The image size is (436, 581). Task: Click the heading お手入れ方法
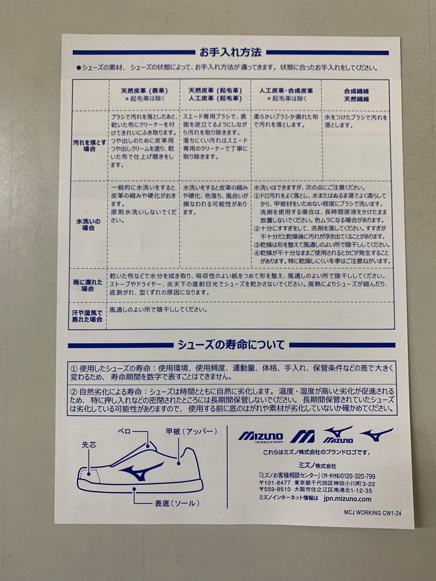pyautogui.click(x=230, y=53)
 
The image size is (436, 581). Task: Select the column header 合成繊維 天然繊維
pyautogui.click(x=356, y=95)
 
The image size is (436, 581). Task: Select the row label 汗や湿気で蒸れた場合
pyautogui.click(x=87, y=316)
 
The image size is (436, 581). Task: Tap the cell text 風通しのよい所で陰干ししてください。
pyautogui.click(x=158, y=310)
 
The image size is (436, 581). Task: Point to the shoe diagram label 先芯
pyautogui.click(x=89, y=445)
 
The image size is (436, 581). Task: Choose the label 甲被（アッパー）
pyautogui.click(x=191, y=431)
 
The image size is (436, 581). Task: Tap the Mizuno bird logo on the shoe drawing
pyautogui.click(x=141, y=471)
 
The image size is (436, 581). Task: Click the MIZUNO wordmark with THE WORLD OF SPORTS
pyautogui.click(x=261, y=436)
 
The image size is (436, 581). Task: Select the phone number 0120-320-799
pyautogui.click(x=355, y=476)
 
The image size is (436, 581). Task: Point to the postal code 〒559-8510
pyautogui.click(x=275, y=491)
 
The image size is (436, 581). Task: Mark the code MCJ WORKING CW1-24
pyautogui.click(x=372, y=513)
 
